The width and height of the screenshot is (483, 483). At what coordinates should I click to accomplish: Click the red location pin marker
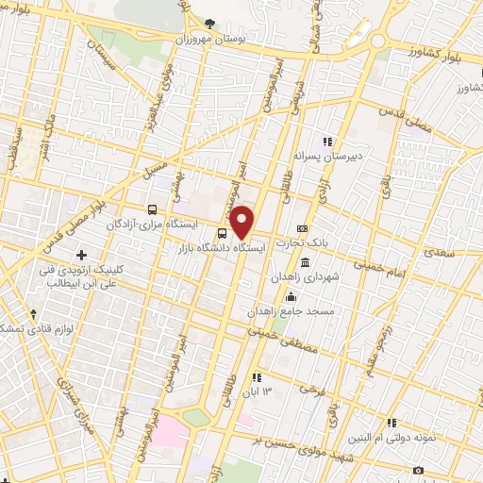(242, 223)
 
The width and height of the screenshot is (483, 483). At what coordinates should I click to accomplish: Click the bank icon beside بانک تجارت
(302, 228)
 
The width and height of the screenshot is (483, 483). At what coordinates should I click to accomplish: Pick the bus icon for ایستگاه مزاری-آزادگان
(153, 209)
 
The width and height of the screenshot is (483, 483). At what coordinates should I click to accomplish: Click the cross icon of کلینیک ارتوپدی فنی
(82, 255)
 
